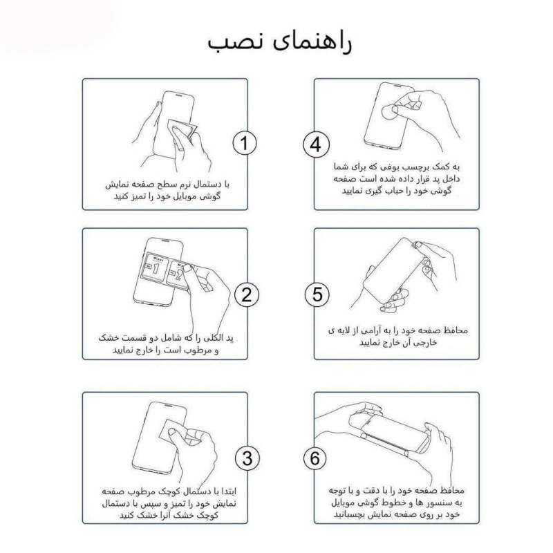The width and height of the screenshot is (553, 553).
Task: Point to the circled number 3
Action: pyautogui.click(x=245, y=457)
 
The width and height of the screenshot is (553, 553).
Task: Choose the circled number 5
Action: pyautogui.click(x=315, y=294)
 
